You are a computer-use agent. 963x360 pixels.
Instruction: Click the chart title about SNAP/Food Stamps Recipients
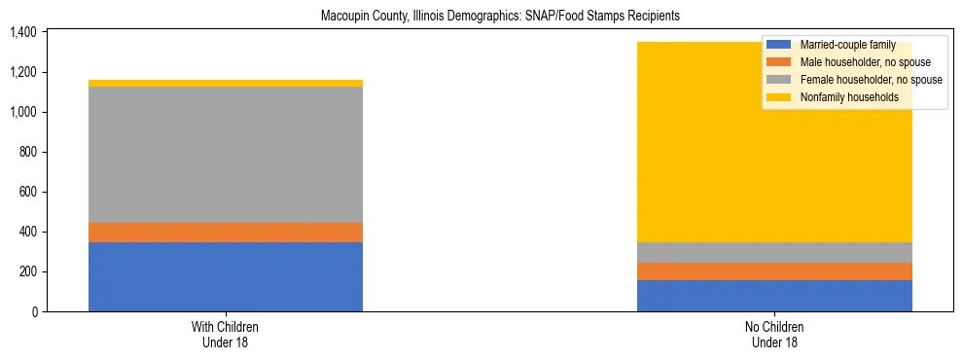click(x=500, y=16)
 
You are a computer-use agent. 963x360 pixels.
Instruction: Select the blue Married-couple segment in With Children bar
click(x=226, y=276)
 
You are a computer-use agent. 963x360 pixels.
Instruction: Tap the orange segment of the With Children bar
click(x=226, y=232)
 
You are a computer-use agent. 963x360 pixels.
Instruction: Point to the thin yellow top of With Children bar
click(x=226, y=84)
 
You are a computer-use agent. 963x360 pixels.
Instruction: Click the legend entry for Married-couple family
click(x=844, y=45)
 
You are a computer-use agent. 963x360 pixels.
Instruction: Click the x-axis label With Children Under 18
click(x=226, y=334)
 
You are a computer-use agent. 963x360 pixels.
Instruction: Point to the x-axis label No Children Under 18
click(x=774, y=334)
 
